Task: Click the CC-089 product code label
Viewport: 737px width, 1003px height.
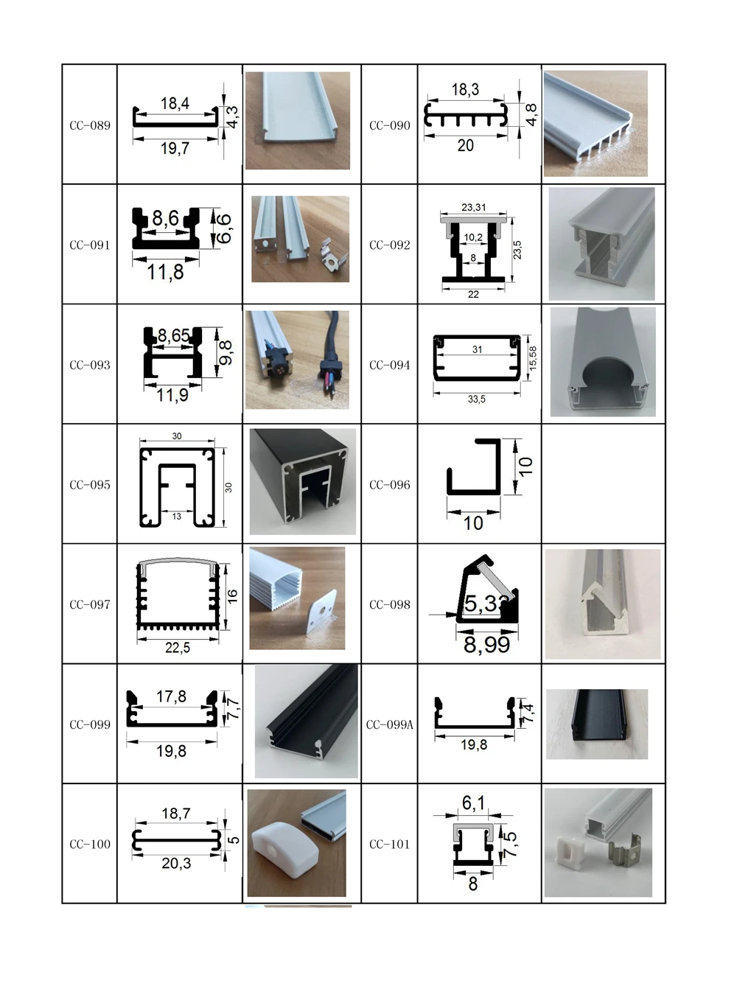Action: point(90,125)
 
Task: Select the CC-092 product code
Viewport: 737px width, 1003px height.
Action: point(390,245)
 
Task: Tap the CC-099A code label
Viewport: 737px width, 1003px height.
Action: point(390,724)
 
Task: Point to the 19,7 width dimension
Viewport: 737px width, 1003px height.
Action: point(175,149)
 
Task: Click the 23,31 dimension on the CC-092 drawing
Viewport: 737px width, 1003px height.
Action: point(473,208)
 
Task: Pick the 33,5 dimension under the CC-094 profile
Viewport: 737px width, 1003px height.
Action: point(476,399)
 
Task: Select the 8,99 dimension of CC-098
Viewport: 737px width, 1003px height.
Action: point(486,645)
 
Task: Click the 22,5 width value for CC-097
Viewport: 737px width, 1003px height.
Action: point(178,647)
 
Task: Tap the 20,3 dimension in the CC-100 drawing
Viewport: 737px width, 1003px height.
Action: point(176,863)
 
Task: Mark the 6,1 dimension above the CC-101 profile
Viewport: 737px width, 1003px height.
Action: point(473,803)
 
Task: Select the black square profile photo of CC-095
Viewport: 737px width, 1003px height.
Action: point(302,480)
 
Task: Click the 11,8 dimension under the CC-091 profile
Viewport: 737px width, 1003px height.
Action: point(165,273)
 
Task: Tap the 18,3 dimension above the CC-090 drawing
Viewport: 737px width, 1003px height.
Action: point(465,90)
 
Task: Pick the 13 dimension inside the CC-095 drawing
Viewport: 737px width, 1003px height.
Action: point(177,517)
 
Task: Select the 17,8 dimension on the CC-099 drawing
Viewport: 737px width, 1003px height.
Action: point(171,696)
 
